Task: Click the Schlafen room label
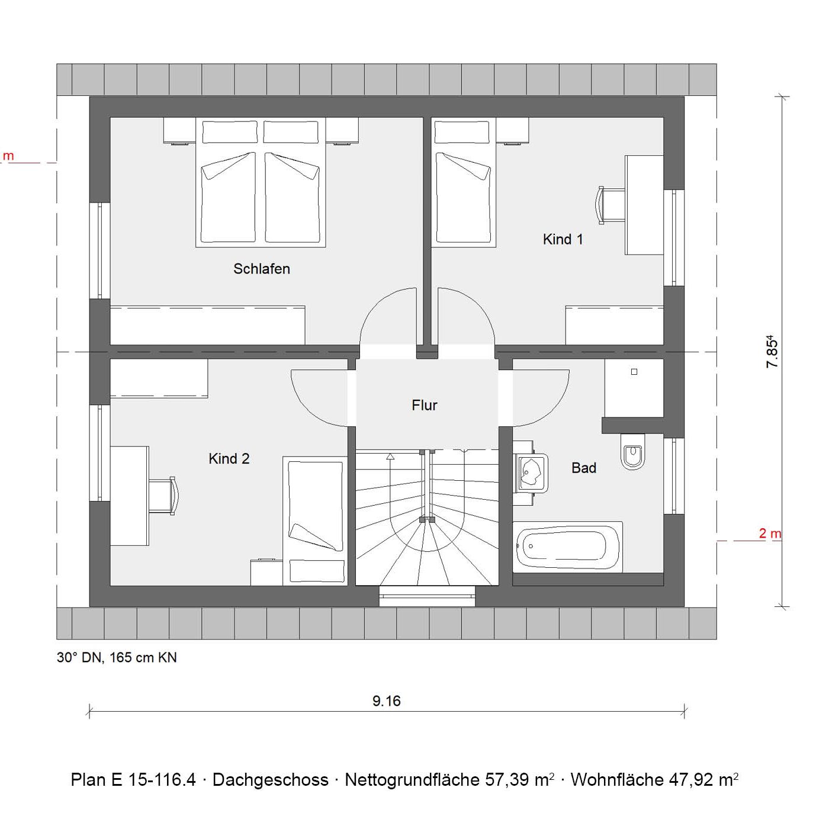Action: coord(262,269)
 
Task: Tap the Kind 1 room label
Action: coord(563,239)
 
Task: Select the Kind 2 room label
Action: coord(229,458)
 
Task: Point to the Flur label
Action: coord(424,405)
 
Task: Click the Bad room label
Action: coord(584,468)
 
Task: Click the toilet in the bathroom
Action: coord(633,451)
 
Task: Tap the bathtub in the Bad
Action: coord(567,547)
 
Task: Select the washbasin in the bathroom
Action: coord(531,473)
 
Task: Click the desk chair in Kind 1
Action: coord(611,205)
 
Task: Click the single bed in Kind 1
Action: coord(464,182)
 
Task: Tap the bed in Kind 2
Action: coord(315,521)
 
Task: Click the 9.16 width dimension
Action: coord(386,701)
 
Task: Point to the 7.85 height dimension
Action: coord(773,351)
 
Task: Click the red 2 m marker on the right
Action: coord(770,534)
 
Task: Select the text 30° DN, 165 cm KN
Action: coord(117,657)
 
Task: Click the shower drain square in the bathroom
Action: coord(634,372)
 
